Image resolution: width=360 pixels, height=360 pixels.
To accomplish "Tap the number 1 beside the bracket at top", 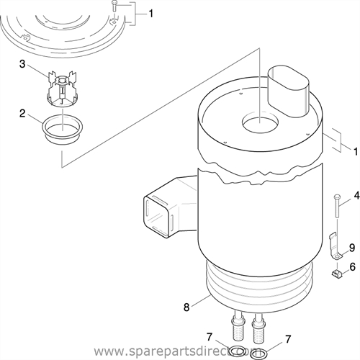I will coord(150,13).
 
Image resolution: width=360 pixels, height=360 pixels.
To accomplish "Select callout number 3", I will coord(22,65).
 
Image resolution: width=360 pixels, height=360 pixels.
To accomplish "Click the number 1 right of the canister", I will coord(354,150).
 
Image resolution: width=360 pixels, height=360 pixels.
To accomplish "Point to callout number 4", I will coord(354,195).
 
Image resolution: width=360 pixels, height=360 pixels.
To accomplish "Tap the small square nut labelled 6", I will coord(336,274).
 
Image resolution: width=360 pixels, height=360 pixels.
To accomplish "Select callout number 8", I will coord(187,307).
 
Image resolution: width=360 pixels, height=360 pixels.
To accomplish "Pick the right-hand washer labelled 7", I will coord(258,354).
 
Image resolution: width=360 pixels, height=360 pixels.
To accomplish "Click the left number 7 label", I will coord(210,336).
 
